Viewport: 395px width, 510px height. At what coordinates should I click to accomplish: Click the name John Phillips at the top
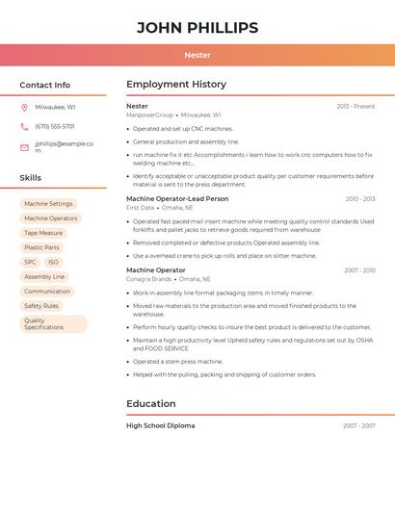(x=197, y=28)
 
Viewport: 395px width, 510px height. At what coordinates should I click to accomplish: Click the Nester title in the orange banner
(x=197, y=55)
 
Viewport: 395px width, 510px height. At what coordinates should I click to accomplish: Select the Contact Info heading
(x=45, y=85)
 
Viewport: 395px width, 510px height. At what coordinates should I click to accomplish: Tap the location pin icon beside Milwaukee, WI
(x=24, y=107)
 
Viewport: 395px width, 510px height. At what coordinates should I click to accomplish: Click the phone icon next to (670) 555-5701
(x=24, y=126)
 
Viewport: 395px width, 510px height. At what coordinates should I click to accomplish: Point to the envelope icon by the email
(x=24, y=147)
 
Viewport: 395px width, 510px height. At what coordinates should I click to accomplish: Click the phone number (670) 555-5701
(x=55, y=126)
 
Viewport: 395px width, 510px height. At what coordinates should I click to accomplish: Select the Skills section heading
(x=31, y=178)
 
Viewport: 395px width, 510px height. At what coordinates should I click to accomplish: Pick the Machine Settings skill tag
(x=49, y=204)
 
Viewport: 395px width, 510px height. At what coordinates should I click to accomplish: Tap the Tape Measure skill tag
(x=43, y=233)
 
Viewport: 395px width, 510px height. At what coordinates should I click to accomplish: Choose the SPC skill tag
(x=31, y=262)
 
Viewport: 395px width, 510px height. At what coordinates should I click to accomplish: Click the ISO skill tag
(x=53, y=262)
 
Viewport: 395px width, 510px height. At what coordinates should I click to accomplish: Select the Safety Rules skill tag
(x=41, y=306)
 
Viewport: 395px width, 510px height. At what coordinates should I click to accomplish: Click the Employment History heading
(x=176, y=85)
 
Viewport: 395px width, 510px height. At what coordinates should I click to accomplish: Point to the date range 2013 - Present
(x=355, y=106)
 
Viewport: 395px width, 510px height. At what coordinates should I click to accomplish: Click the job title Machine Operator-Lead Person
(x=177, y=198)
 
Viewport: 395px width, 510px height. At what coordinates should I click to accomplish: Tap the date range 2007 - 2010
(x=359, y=270)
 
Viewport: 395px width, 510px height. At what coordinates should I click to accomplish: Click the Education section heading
(x=151, y=404)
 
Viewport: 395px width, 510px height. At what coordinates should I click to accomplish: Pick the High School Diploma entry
(x=160, y=425)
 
